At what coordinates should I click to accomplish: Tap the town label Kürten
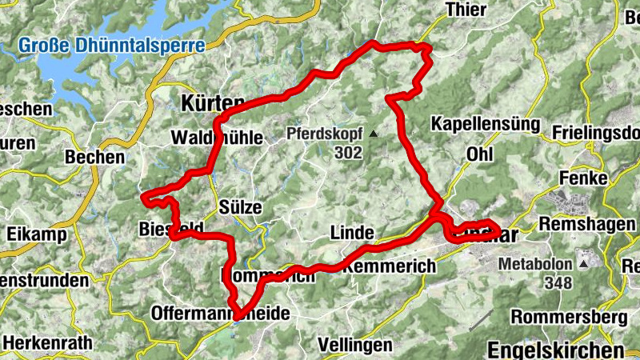212,102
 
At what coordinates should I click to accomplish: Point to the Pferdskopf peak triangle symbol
372,133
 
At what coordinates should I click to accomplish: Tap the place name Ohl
479,152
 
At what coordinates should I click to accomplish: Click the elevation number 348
558,282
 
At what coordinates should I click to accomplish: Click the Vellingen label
355,345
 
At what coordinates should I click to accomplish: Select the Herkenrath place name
47,342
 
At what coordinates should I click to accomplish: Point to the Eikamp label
29,235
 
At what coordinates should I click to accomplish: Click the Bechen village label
96,157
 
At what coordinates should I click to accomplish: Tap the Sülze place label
240,206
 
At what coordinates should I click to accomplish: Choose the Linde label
352,232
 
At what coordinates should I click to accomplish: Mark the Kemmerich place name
390,265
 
